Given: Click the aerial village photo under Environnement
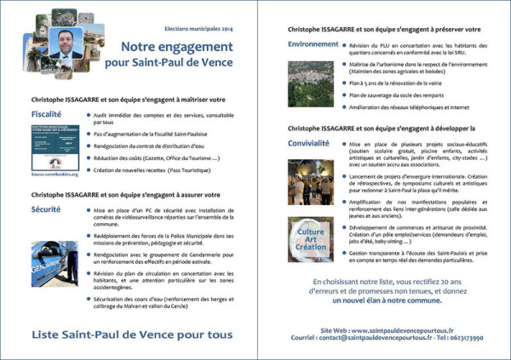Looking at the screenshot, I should [x=310, y=83].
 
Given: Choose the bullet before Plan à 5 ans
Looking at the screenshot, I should [x=347, y=85].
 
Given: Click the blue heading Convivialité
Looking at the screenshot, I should [x=308, y=142].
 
